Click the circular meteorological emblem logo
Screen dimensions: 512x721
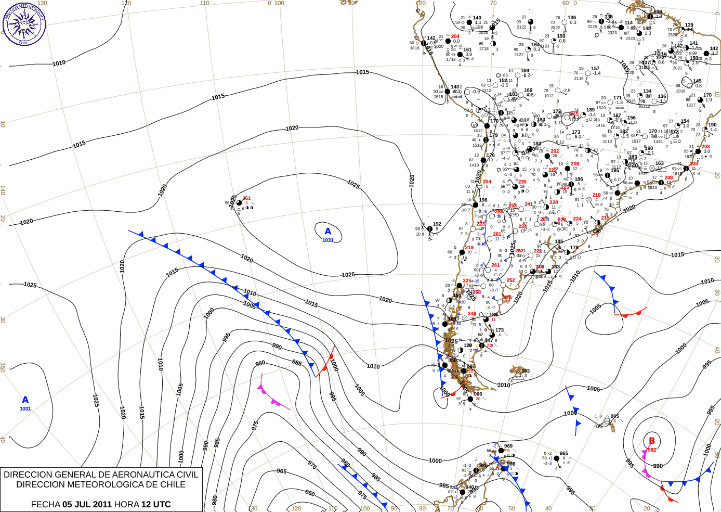coord(24,24)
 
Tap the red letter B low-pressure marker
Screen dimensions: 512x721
coord(652,441)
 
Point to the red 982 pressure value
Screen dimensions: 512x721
coord(652,450)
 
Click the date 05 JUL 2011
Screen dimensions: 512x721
coord(87,504)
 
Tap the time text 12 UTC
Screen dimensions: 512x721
coord(156,504)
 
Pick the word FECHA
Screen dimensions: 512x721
coord(46,504)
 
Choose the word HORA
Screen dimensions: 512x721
coord(127,504)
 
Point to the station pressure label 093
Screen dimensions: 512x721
coord(526,371)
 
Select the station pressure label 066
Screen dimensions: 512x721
coord(478,394)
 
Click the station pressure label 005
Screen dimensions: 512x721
coord(615,416)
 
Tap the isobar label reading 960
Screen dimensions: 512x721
coord(310,493)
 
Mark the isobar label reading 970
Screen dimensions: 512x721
coord(311,465)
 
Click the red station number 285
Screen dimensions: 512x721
coord(499,212)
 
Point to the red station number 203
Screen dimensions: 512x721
coord(705,147)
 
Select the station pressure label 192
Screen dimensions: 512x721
coord(437,224)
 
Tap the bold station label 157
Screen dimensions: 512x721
coord(595,69)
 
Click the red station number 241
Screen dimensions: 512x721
coord(529,204)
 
